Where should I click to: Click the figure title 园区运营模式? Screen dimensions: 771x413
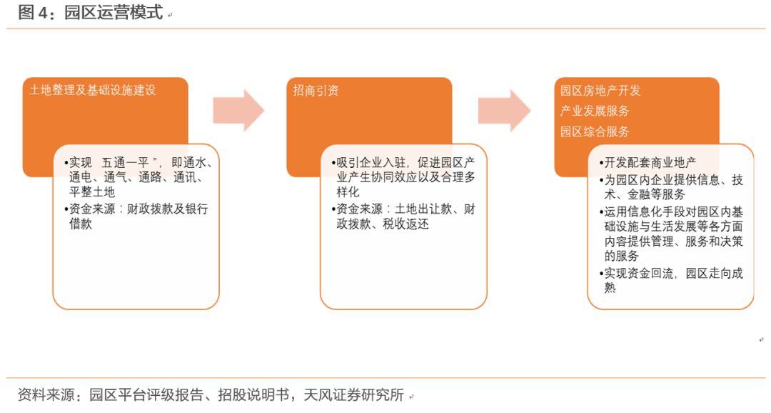[x=113, y=12]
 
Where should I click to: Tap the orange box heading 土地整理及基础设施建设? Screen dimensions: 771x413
[x=92, y=90]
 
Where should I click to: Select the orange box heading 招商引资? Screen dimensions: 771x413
[x=316, y=91]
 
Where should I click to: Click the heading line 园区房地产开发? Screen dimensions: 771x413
[x=600, y=91]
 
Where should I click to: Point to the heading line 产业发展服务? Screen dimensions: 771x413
[x=595, y=111]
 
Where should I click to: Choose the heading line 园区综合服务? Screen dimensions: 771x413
[x=595, y=131]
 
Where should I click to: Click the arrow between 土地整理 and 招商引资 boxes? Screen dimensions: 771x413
[x=238, y=110]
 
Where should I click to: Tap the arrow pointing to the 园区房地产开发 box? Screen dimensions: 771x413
[x=504, y=110]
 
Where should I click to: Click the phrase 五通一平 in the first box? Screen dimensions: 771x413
[x=125, y=162]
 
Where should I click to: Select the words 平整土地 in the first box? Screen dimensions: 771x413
[x=92, y=192]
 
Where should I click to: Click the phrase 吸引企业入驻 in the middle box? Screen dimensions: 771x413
[x=371, y=162]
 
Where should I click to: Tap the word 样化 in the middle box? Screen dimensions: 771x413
[x=348, y=192]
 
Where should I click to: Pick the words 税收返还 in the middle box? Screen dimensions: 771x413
[x=405, y=224]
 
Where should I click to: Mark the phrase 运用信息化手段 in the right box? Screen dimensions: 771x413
[x=638, y=212]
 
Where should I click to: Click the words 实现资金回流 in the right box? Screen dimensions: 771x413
[x=638, y=274]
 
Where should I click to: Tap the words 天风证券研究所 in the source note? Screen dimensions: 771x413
[x=353, y=395]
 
